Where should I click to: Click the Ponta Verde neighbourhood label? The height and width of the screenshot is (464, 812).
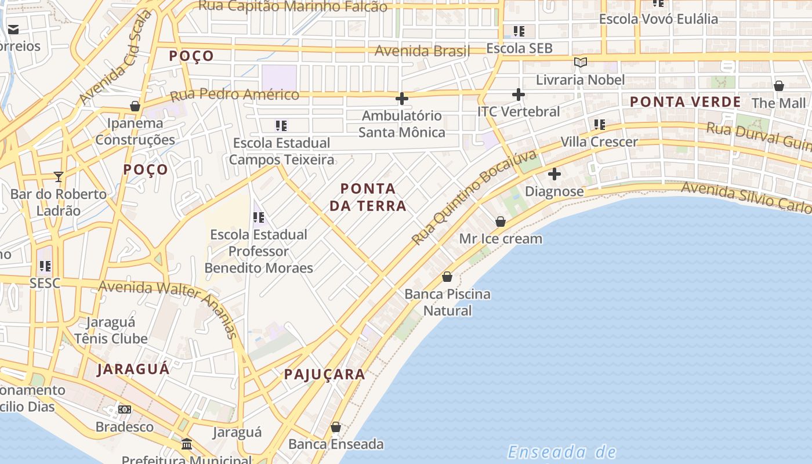click(685, 102)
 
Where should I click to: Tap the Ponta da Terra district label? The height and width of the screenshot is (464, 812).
click(368, 197)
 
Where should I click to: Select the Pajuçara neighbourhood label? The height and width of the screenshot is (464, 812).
click(324, 375)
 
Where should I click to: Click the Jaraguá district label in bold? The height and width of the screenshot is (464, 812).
click(133, 369)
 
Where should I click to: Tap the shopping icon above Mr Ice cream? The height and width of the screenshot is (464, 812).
click(501, 222)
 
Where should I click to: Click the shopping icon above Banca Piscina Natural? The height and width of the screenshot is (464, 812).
click(447, 277)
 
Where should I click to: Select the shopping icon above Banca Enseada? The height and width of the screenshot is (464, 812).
click(336, 427)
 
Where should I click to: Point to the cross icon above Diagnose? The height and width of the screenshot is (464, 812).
click(554, 173)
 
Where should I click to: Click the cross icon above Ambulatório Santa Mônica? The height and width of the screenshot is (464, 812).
click(401, 99)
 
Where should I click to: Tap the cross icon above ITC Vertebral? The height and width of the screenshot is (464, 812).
click(519, 95)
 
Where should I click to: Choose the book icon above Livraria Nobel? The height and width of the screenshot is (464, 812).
click(580, 63)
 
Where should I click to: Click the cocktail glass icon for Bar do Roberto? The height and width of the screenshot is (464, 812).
click(58, 176)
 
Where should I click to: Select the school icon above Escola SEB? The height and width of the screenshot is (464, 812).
click(519, 31)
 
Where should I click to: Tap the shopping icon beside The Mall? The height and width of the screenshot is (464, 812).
click(779, 86)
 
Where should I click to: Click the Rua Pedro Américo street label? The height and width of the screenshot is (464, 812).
click(234, 95)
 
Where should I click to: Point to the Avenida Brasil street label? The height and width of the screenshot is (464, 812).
click(422, 51)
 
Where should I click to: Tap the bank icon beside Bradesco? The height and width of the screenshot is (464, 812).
click(125, 409)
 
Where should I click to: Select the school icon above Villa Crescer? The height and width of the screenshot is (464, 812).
click(599, 124)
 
